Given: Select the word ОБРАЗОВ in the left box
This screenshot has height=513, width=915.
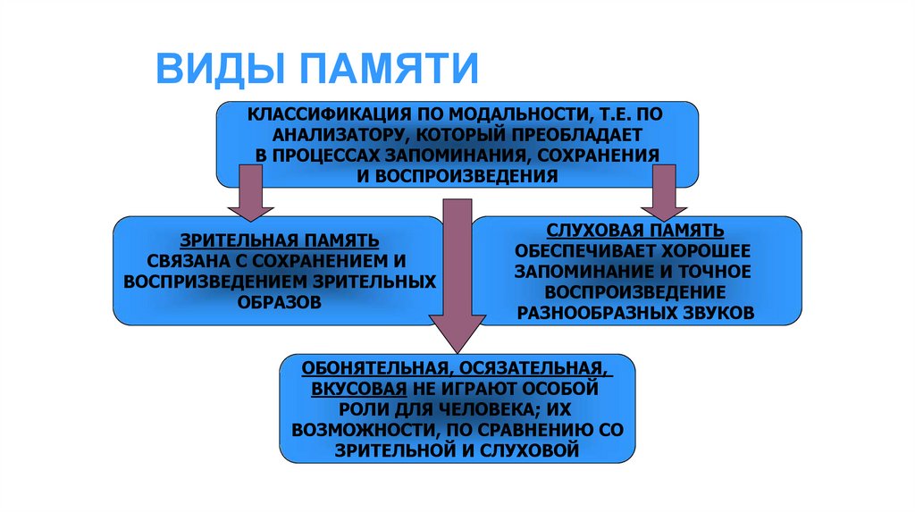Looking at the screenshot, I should (x=278, y=302).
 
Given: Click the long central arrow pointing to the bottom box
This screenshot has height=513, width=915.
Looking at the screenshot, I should (x=457, y=268).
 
